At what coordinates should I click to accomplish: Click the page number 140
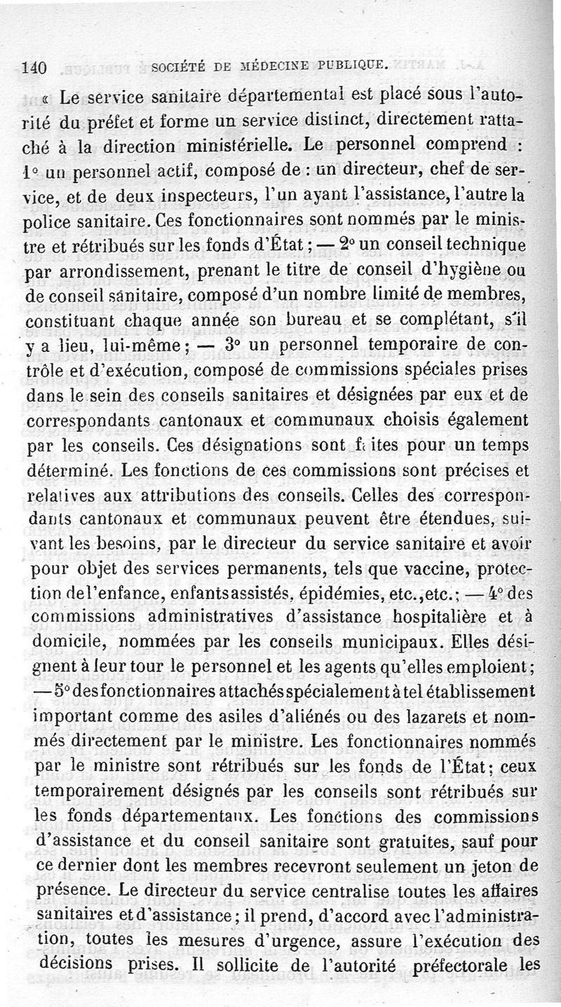pos(34,68)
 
